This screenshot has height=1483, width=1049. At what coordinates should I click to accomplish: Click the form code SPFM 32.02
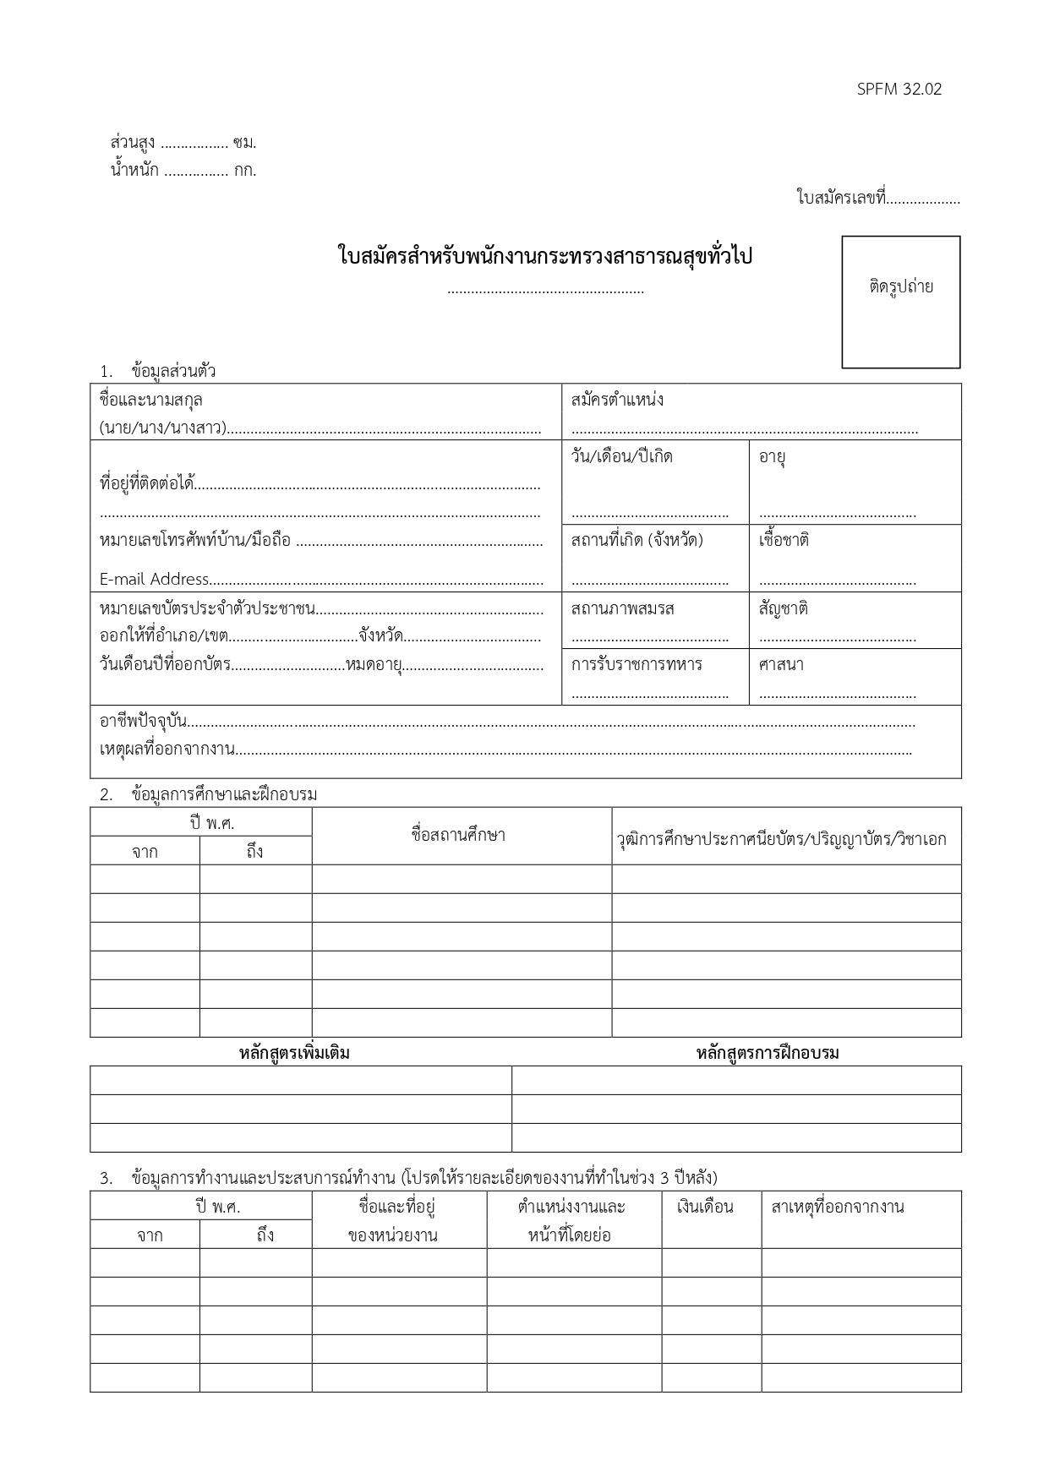coord(899,89)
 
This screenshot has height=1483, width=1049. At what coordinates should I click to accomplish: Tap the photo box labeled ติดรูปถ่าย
coord(900,302)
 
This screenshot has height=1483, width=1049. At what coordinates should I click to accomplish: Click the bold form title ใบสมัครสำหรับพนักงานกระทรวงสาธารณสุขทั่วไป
coord(544,256)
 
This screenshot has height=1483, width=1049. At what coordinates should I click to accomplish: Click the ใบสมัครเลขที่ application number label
coord(841,199)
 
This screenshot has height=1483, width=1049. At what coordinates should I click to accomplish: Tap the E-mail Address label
coord(154,579)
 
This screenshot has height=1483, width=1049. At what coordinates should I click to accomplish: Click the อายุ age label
coord(772,457)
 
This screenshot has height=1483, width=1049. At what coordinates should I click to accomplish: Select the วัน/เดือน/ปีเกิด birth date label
coord(621,457)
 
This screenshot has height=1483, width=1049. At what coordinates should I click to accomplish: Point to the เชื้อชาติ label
coord(784,539)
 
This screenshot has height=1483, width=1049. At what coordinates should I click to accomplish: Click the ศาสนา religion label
coord(781,664)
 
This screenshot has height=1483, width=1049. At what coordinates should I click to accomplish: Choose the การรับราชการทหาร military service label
coord(636,664)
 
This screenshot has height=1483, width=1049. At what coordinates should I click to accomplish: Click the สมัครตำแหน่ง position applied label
coord(617,400)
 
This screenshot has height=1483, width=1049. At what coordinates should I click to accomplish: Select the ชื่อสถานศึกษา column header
coord(458,836)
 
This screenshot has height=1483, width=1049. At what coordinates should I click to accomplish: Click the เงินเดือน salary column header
coord(705,1207)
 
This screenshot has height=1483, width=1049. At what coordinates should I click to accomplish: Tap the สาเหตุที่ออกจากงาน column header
coord(838,1207)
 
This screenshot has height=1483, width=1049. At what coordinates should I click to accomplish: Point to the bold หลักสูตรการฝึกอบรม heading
coord(768,1053)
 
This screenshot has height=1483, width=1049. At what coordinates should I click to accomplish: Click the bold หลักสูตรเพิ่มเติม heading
coord(294,1053)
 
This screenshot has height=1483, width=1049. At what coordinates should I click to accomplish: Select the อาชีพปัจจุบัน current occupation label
coord(143,721)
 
